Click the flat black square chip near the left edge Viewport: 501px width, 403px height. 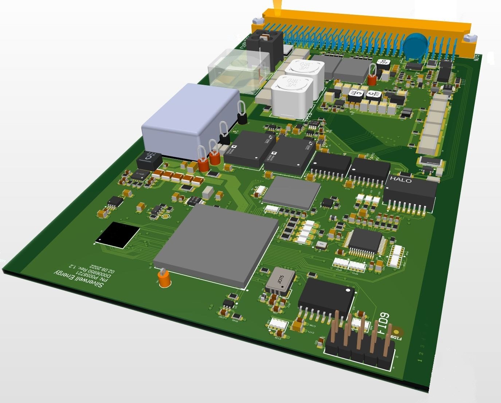[118, 235]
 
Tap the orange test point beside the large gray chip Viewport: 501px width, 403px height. [164, 279]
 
